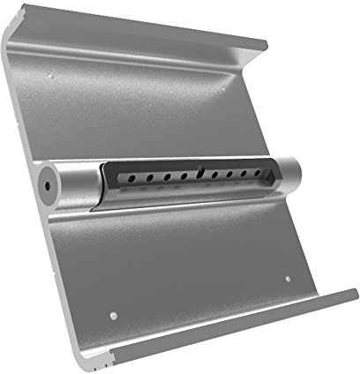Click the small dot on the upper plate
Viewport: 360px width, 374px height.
pyautogui.click(x=51, y=79)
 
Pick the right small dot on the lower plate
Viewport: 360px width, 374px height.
pyautogui.click(x=289, y=280)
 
